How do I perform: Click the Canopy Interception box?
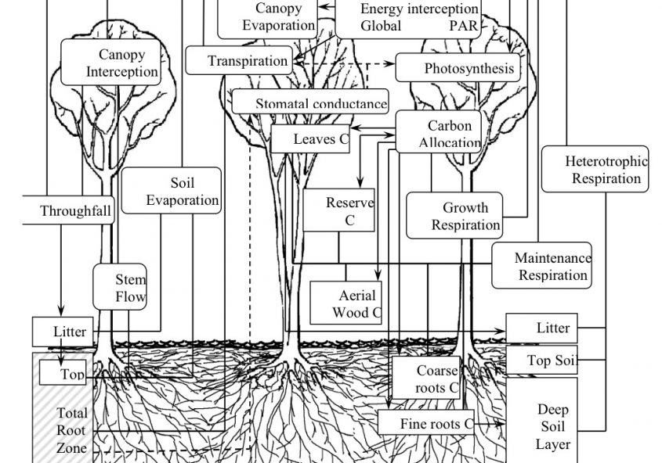110,63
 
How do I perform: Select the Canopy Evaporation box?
266,17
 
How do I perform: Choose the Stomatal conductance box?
310,102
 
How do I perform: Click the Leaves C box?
309,139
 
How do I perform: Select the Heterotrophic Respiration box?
595,170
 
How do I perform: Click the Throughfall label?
75,211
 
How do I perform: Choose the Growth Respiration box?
465,217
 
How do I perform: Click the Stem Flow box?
121,287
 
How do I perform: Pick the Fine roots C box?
426,423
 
